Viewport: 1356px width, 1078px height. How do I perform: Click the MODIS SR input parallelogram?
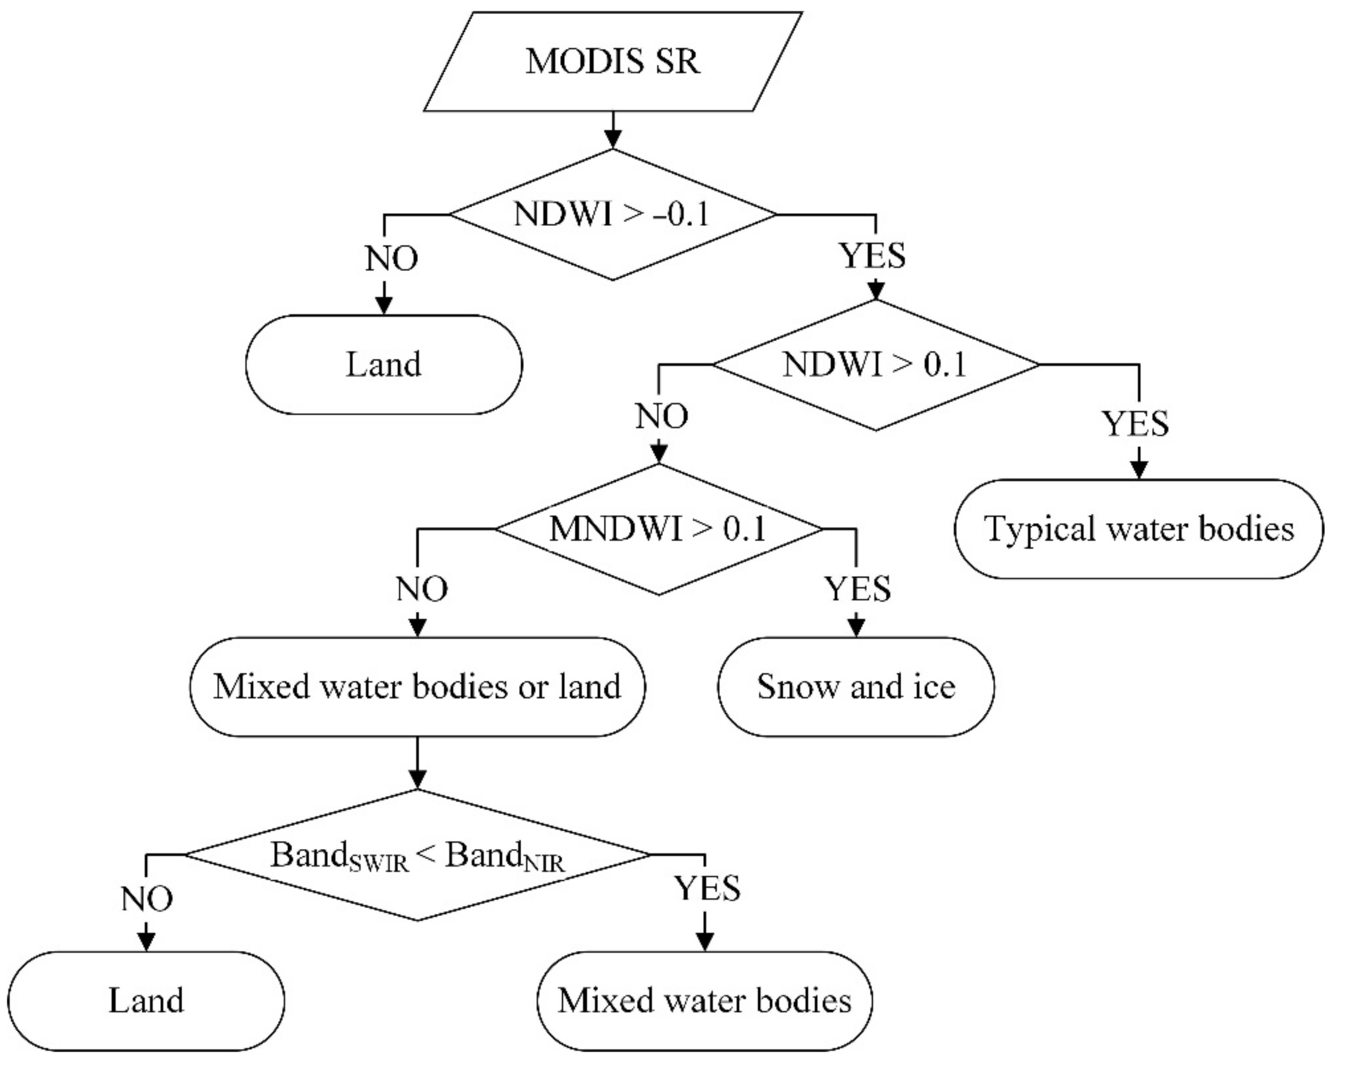tap(613, 62)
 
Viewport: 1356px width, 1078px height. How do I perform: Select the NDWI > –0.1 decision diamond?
tap(613, 214)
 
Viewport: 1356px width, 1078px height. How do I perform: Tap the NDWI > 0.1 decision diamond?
tap(875, 365)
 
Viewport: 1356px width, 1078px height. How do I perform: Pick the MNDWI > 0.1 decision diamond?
tap(658, 529)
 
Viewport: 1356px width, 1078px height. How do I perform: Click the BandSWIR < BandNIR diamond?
tap(417, 855)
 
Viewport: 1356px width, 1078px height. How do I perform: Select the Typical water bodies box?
tap(1138, 529)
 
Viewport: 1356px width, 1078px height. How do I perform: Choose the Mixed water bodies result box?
tap(704, 1001)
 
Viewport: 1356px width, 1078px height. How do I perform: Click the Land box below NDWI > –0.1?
tap(384, 365)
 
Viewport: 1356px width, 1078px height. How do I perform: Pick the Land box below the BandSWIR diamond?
tap(146, 1001)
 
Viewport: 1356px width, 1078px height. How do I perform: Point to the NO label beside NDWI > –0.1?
tap(391, 259)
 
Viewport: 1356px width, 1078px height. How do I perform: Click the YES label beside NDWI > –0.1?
tap(872, 256)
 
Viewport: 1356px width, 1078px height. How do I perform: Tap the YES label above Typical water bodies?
tap(1135, 423)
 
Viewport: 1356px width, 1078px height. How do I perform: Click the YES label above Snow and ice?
tap(857, 589)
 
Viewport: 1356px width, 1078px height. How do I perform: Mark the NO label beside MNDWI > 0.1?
tap(422, 589)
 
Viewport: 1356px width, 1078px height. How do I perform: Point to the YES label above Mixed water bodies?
tap(707, 888)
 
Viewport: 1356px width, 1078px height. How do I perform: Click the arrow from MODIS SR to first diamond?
tap(613, 131)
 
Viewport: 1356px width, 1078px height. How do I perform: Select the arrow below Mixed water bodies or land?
tap(417, 762)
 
